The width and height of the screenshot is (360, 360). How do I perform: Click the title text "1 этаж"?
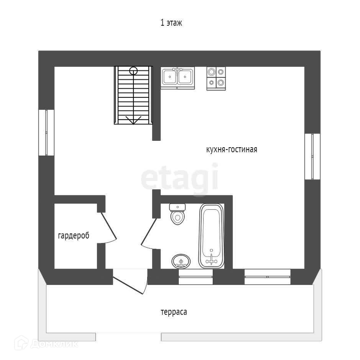[x=171, y=23]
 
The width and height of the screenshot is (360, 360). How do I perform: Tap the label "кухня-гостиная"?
[x=231, y=150]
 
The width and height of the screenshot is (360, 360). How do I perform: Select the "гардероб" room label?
[x=74, y=236]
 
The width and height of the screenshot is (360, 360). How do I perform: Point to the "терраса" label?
[x=174, y=312]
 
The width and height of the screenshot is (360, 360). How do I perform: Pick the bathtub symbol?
[x=211, y=236]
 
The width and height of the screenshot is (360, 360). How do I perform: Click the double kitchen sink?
[x=178, y=77]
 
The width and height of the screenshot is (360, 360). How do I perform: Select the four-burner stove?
[x=216, y=78]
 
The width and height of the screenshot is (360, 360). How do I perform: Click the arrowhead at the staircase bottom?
[x=133, y=120]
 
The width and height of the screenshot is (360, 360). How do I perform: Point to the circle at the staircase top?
[x=133, y=71]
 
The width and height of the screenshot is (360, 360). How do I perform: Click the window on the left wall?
[x=46, y=133]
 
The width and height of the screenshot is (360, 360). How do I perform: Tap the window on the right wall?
[x=312, y=156]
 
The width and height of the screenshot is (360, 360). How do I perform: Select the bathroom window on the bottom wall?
[x=196, y=277]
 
